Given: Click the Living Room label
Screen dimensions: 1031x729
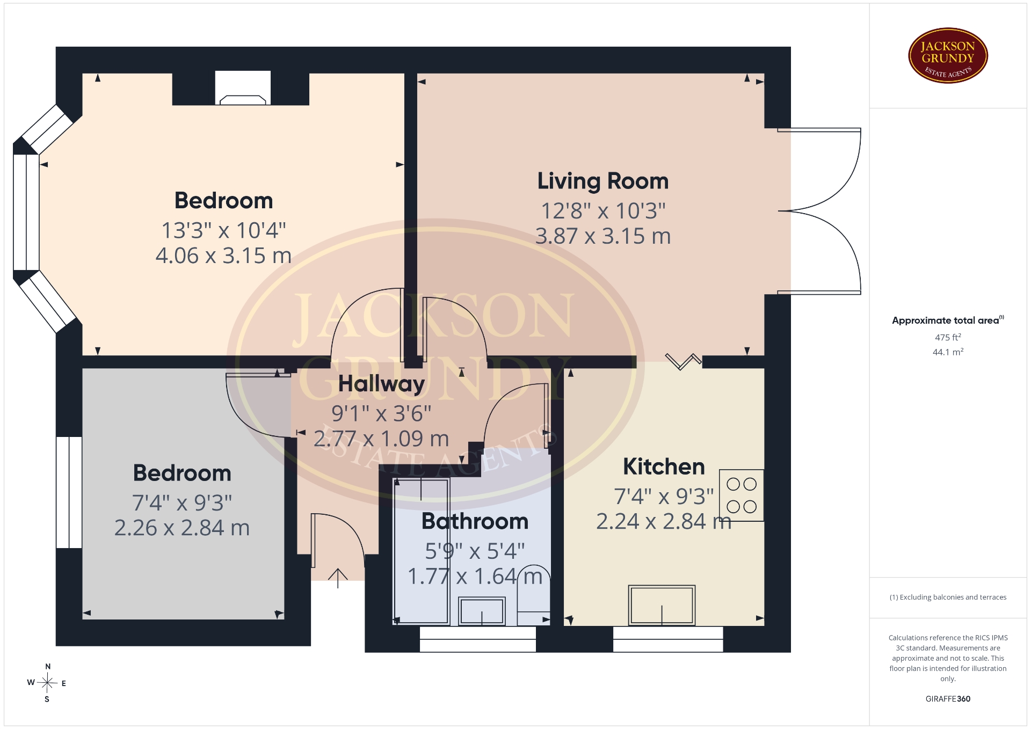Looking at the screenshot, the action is tap(603, 181).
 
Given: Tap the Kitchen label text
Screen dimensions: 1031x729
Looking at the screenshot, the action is tap(664, 466).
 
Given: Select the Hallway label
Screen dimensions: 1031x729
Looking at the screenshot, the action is tap(381, 384).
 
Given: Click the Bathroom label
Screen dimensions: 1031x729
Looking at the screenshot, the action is tap(475, 521).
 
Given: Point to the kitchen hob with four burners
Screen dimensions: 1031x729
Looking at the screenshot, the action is tap(742, 495).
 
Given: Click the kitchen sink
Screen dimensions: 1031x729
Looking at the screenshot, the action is tap(662, 605).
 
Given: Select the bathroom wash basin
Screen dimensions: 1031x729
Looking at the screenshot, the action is tap(482, 611).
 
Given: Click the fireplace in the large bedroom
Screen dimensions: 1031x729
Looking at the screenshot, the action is tap(243, 88).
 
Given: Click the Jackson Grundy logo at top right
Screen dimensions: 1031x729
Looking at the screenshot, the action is tap(948, 56).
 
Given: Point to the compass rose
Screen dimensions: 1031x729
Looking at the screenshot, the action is tap(47, 683).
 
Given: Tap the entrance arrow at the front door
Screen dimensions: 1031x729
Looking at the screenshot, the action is tap(338, 578).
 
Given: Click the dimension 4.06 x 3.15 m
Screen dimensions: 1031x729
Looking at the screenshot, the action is tap(223, 256).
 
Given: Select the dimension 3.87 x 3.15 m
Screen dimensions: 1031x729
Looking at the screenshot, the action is tap(603, 236).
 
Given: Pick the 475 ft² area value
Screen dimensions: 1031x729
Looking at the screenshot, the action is tap(948, 337).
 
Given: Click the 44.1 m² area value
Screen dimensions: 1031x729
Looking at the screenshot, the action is tap(948, 352).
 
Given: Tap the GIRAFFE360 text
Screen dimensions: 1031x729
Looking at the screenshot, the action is tap(948, 699).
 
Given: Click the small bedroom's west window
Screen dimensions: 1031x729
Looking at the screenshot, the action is tap(69, 492).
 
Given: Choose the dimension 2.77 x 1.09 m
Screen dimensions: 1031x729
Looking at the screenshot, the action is tap(381, 439).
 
